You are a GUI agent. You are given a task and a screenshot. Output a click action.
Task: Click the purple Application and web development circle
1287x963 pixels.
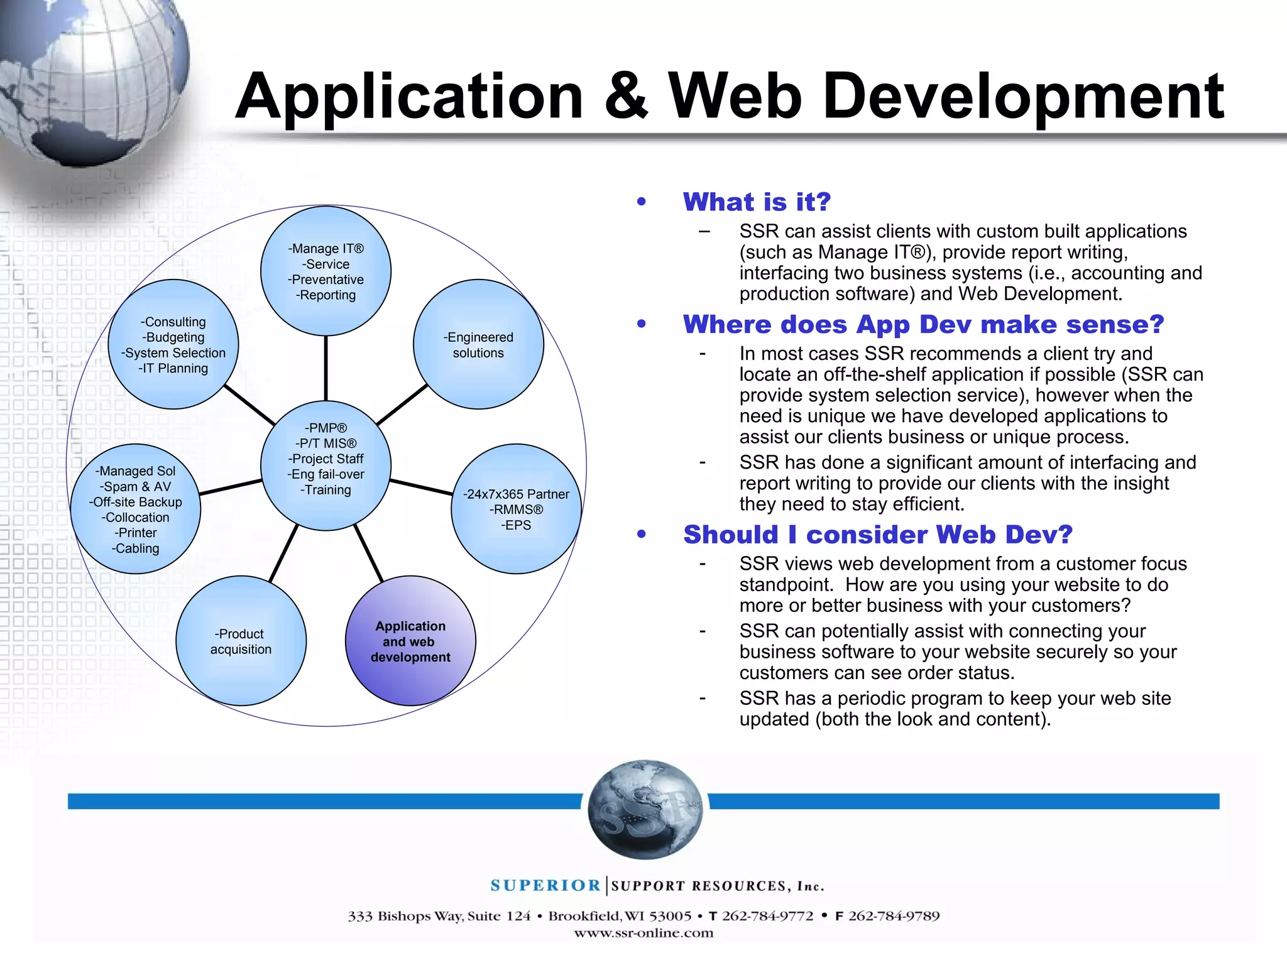(410, 641)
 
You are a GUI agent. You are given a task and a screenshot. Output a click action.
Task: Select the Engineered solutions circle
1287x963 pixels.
(478, 344)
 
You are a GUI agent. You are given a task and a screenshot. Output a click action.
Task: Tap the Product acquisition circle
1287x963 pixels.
(241, 641)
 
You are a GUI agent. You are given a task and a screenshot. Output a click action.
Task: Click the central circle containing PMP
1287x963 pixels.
(326, 465)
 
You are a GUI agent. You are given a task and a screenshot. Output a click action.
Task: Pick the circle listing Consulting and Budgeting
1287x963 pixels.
(173, 344)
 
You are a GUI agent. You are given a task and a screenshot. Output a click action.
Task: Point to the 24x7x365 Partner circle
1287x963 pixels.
(516, 509)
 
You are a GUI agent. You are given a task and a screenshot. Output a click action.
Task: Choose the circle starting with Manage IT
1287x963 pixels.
(326, 271)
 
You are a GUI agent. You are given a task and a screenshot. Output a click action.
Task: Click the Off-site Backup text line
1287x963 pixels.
(136, 502)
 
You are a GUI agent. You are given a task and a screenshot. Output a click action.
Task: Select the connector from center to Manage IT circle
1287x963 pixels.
(326, 368)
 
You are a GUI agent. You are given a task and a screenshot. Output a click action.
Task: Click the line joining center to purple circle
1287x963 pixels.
(368, 553)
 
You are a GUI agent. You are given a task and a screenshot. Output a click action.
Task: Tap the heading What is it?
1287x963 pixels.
(757, 202)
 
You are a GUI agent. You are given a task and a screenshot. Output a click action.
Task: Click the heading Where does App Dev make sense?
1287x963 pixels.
(923, 324)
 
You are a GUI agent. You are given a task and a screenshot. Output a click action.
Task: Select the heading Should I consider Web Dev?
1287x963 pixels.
(877, 535)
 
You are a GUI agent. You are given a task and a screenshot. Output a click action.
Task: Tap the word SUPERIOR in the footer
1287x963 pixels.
(545, 886)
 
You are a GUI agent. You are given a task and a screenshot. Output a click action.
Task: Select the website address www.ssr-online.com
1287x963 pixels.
(643, 933)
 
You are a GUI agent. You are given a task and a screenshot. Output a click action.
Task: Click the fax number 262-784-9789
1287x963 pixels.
(894, 916)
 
